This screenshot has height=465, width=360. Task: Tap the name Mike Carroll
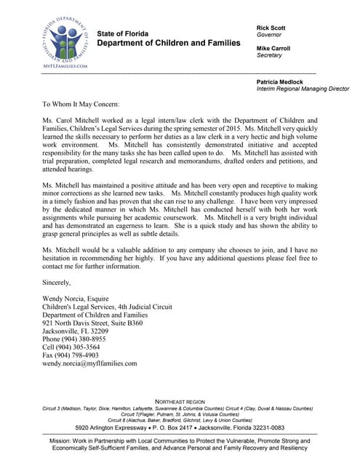click(275, 49)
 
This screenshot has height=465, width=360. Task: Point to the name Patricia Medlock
click(282, 81)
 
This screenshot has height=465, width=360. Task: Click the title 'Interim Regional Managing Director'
click(303, 89)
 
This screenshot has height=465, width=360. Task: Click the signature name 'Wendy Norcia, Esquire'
click(81, 298)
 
